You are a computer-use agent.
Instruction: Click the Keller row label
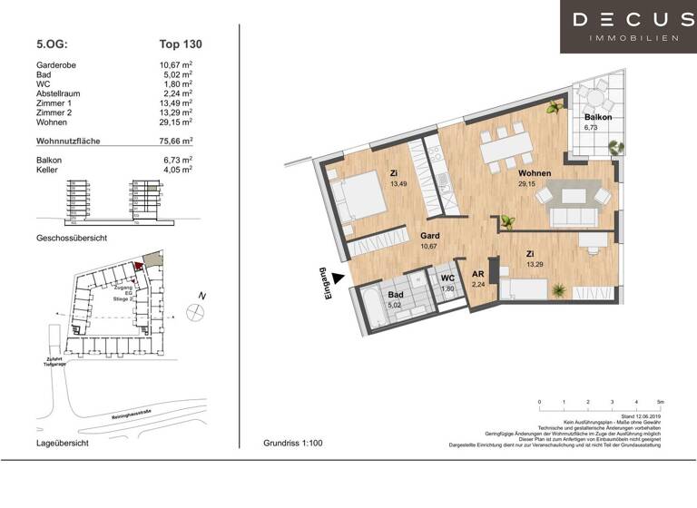tap(47, 170)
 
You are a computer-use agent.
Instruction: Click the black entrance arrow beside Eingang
tap(338, 279)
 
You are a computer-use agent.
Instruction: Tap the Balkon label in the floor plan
tap(597, 118)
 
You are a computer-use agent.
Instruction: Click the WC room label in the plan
tap(447, 278)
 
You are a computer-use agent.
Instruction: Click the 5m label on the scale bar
tap(660, 400)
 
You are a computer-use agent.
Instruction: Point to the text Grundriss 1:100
tap(292, 444)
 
